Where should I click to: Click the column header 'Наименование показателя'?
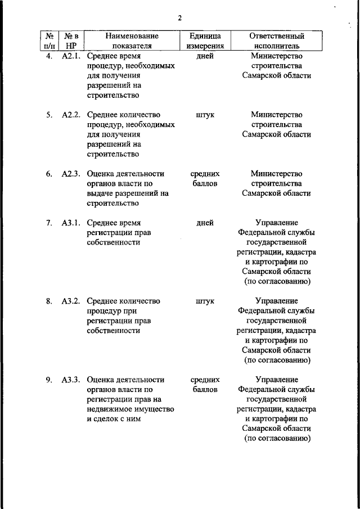tap(131, 41)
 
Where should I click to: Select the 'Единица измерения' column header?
tap(205, 41)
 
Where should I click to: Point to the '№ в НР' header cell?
tap(71, 41)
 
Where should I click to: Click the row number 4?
tap(49, 56)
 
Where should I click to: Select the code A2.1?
tap(71, 56)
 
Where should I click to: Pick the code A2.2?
tap(71, 115)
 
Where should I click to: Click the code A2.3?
tap(71, 174)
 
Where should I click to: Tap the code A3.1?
tap(71, 223)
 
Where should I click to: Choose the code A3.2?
tap(71, 301)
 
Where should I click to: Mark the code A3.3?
tap(71, 380)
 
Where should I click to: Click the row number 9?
tap(49, 380)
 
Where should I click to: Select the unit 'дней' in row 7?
tap(205, 223)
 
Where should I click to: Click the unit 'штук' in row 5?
tap(205, 115)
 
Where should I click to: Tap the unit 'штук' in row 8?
tap(205, 301)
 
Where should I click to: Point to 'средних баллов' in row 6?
tap(205, 179)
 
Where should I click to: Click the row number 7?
tap(49, 223)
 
